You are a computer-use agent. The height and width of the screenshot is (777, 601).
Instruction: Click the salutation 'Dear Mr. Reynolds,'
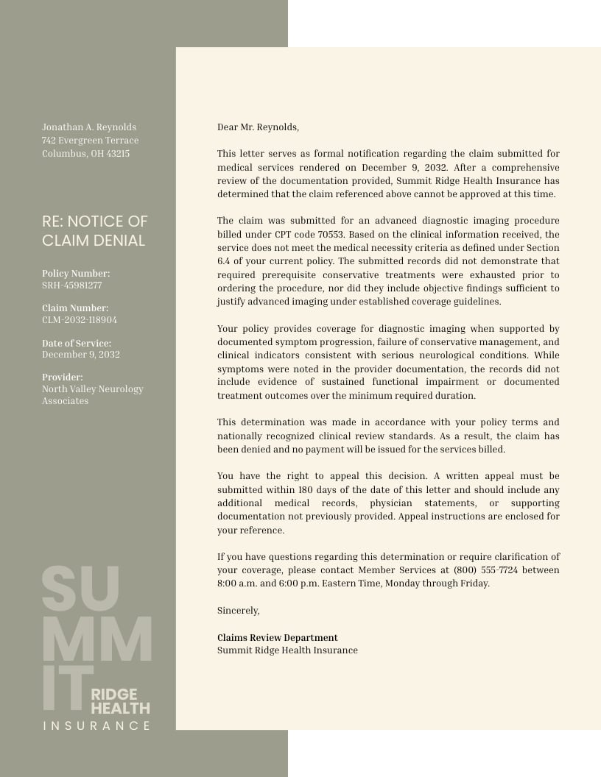click(258, 127)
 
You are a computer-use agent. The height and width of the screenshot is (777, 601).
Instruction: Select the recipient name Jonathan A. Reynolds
click(89, 127)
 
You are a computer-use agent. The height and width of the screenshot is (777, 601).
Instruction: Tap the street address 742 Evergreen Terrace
click(90, 141)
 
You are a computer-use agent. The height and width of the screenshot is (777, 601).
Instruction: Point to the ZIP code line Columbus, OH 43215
click(85, 154)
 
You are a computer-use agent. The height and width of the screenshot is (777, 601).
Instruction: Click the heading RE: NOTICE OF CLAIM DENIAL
click(94, 231)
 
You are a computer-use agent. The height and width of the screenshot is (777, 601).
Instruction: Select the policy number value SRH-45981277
click(71, 285)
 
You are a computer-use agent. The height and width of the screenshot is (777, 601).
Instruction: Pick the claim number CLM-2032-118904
click(79, 320)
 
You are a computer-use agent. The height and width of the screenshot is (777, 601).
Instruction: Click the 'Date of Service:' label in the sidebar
click(77, 344)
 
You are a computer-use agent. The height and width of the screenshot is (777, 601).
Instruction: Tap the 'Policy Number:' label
click(76, 274)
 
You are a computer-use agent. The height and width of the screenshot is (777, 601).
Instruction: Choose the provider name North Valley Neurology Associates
click(92, 395)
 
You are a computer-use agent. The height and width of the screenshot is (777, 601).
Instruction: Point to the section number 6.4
click(224, 261)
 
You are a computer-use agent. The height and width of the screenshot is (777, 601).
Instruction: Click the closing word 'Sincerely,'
click(238, 611)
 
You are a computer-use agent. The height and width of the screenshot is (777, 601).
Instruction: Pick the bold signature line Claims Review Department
click(277, 638)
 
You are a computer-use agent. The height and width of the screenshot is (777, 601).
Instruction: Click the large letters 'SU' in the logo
click(80, 589)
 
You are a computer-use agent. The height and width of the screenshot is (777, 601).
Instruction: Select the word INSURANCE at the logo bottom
click(96, 726)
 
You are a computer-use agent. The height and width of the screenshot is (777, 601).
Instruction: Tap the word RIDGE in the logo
click(114, 694)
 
